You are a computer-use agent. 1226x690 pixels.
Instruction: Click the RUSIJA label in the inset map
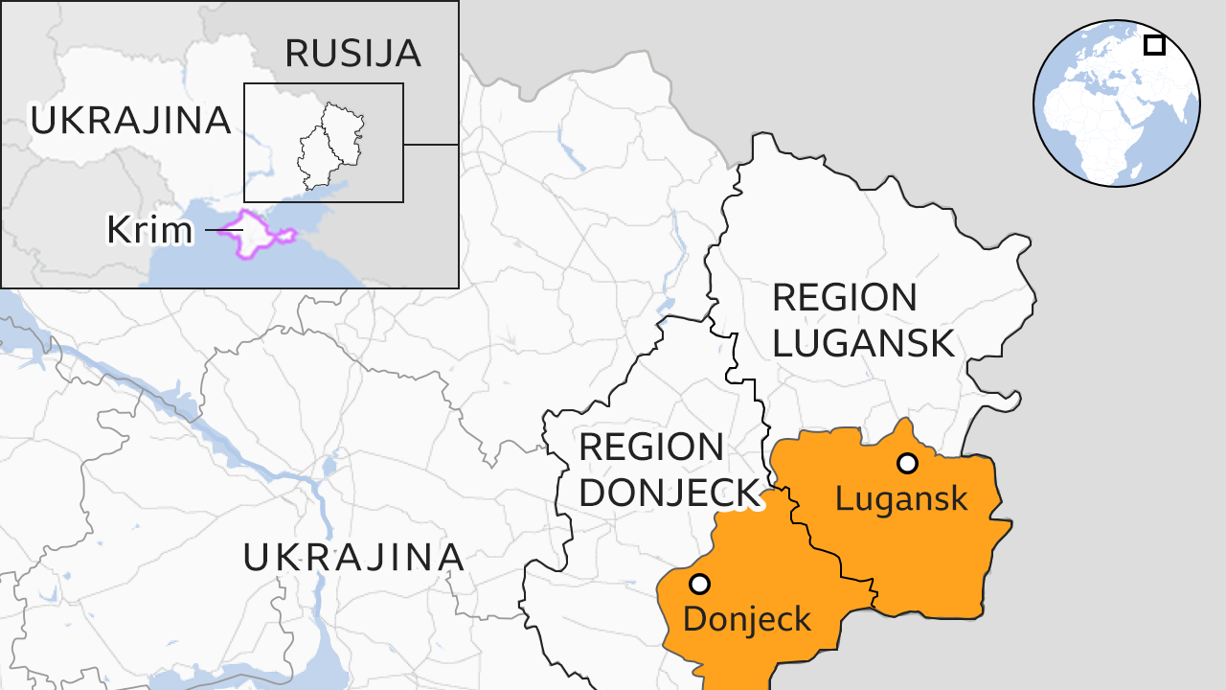point(352,54)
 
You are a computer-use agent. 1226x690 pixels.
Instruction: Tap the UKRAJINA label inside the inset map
point(130,121)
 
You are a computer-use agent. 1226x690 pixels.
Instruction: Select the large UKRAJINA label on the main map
point(353,558)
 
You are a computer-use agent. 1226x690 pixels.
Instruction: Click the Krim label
point(149,230)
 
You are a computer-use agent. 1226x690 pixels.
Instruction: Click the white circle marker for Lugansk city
point(907,464)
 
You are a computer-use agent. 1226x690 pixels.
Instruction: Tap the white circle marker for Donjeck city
point(700,584)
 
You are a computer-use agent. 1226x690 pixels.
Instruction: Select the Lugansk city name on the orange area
point(901,498)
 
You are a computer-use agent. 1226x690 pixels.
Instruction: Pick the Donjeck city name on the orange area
point(747,619)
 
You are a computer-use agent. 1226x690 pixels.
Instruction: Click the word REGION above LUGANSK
point(844,298)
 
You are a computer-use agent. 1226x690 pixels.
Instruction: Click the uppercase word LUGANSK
point(863,343)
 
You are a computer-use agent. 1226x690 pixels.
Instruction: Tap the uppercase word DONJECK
point(669,493)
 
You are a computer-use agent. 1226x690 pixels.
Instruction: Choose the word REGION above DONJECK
point(651,447)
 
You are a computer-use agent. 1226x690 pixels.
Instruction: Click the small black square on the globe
point(1154,45)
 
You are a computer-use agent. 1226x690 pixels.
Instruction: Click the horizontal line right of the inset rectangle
point(430,145)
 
